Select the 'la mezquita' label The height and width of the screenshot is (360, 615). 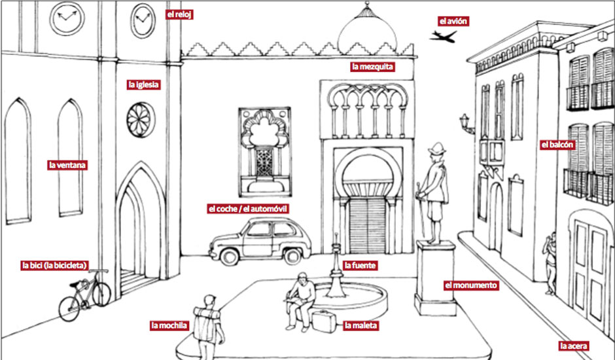(x=373, y=66)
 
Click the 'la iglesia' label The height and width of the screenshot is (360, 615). (x=144, y=84)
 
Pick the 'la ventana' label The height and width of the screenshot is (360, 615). (x=67, y=165)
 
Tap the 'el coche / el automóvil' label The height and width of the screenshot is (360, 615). (x=248, y=209)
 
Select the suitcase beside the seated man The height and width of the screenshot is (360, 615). (x=323, y=321)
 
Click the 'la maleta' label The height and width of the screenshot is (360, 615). (x=360, y=325)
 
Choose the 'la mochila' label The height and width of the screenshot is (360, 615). (x=169, y=325)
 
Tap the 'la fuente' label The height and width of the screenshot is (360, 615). (x=360, y=266)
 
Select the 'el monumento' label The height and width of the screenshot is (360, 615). (x=471, y=285)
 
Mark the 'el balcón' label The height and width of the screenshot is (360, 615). (x=558, y=145)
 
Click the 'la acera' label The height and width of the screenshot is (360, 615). (x=574, y=346)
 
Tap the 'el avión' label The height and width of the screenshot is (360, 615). (x=453, y=21)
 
